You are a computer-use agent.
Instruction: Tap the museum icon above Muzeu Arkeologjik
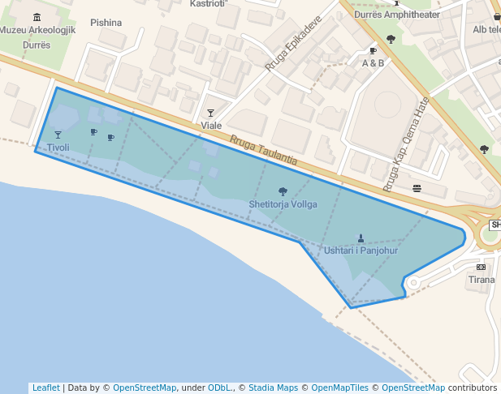37,18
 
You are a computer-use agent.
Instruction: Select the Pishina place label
106,23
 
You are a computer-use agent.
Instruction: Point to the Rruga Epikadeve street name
293,45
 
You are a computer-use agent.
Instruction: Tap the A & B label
373,63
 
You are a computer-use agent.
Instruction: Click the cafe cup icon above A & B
374,51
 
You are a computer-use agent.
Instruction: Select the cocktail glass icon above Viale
211,113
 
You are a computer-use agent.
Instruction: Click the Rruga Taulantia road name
263,152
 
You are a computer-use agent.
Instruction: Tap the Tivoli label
58,148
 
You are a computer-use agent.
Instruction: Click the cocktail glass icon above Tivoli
58,135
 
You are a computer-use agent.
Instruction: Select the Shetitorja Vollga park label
283,204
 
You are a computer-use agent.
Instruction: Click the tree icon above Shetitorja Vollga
283,192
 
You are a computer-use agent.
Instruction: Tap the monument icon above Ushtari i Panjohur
361,238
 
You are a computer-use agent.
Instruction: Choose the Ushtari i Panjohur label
361,251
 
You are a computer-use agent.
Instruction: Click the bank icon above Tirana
482,267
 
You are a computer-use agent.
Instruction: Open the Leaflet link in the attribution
45,388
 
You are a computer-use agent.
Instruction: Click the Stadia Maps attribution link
273,388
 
